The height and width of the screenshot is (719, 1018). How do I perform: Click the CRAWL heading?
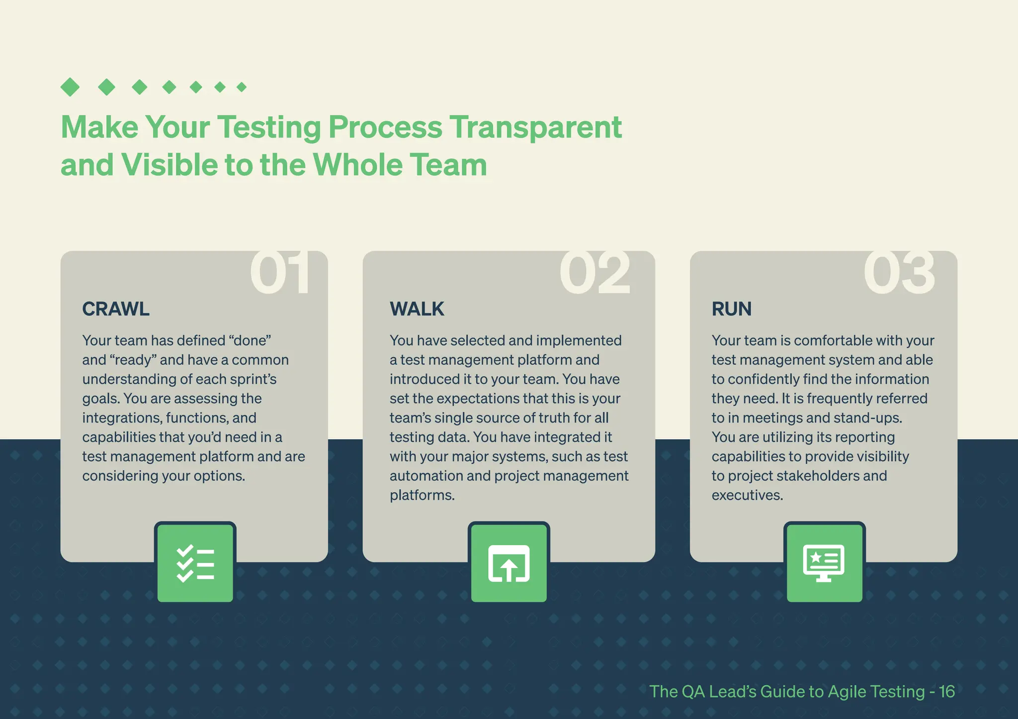point(115,309)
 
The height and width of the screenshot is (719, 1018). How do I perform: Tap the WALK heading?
point(417,309)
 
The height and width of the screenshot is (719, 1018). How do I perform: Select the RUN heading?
point(731,309)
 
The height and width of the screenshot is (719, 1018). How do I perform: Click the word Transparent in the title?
point(536,127)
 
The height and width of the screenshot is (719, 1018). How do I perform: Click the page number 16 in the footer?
point(946,692)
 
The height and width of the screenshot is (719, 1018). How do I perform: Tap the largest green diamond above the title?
point(70,87)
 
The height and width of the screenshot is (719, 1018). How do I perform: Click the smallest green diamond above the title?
point(242,87)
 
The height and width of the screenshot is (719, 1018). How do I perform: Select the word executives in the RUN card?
point(747,495)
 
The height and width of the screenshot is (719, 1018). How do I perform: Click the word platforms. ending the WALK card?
point(422,495)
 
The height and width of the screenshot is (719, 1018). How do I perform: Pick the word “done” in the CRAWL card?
point(250,341)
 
